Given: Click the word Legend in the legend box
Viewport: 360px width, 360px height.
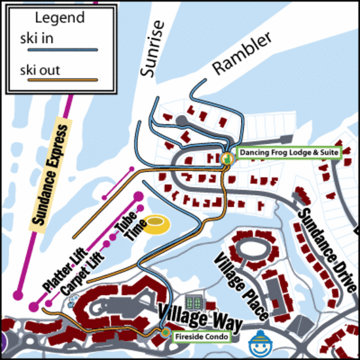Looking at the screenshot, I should tap(59, 18).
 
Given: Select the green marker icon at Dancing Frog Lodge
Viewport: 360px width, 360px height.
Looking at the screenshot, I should tap(226, 158).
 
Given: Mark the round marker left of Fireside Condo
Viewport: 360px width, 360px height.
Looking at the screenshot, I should tap(166, 333).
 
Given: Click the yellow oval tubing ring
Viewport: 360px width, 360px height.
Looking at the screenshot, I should tap(156, 226).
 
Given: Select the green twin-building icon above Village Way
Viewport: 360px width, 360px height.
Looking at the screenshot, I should tap(194, 302).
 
